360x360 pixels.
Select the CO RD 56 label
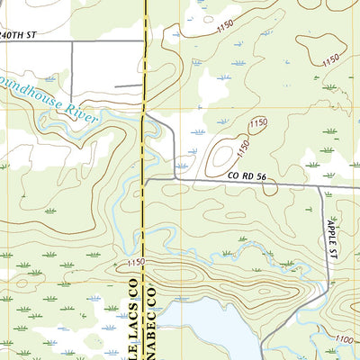pyautogui.click(x=247, y=176)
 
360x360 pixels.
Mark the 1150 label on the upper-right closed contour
pyautogui.click(x=330, y=58)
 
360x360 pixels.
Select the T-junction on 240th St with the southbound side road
pyautogui.click(x=71, y=41)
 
